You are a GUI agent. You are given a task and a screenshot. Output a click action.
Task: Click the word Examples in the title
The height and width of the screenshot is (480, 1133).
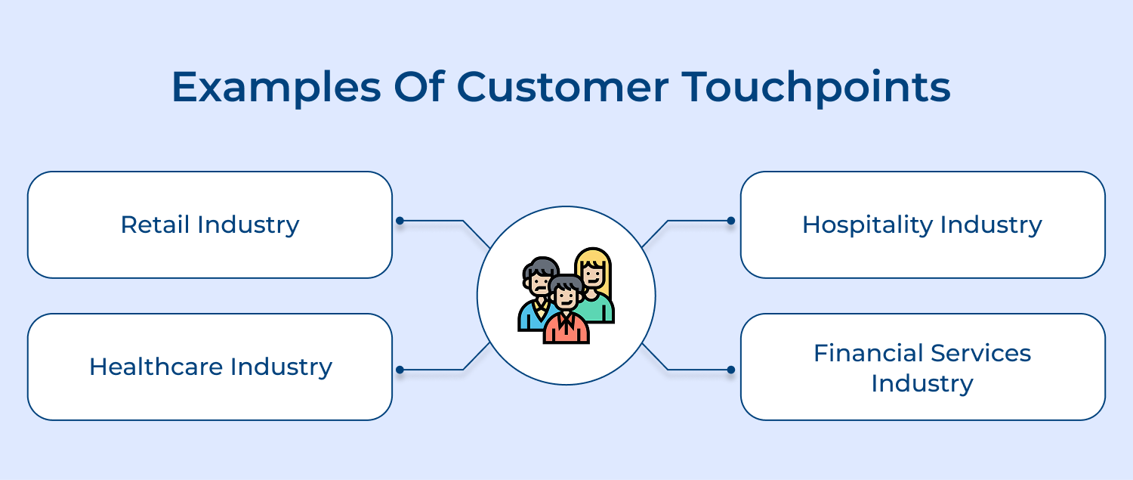[276, 87]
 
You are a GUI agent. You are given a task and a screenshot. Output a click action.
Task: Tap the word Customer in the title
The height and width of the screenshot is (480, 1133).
[563, 86]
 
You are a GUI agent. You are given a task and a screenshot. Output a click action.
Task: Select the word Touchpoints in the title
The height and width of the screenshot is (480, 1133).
[816, 87]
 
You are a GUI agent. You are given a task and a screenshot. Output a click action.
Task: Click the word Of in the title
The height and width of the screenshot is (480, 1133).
[418, 86]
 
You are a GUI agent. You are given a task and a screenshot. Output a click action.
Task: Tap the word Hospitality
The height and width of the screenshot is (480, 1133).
[867, 225]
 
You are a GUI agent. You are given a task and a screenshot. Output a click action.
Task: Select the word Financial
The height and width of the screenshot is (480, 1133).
[868, 353]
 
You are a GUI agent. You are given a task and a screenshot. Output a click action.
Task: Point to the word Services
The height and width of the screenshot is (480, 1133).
[980, 353]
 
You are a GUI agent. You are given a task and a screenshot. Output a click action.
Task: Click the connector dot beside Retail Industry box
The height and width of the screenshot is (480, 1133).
[400, 221]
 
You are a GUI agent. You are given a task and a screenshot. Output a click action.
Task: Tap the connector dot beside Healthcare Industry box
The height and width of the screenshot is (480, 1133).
[400, 370]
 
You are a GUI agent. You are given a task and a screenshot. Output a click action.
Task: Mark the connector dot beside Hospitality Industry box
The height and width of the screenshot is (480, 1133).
[731, 221]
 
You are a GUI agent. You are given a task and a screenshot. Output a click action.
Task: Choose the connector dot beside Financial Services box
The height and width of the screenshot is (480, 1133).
[731, 370]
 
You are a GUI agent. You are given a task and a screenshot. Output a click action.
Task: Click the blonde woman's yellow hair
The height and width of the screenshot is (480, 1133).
[593, 256]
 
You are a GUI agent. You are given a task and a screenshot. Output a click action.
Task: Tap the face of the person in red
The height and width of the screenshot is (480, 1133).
[566, 297]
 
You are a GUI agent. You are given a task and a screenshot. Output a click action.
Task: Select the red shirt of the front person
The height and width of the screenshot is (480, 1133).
[566, 329]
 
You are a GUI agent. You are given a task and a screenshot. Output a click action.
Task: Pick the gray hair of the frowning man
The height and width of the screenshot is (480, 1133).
[541, 266]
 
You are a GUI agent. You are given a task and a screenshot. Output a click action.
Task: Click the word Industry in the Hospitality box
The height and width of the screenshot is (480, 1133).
[991, 225]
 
